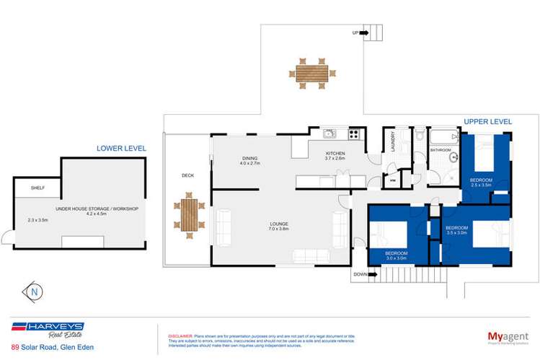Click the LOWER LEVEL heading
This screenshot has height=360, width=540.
click(x=121, y=148)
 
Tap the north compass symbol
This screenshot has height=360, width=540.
click(x=33, y=291)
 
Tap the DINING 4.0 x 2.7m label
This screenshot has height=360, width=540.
click(x=250, y=161)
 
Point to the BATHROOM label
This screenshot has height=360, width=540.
click(x=441, y=150)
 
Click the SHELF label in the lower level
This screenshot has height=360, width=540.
click(x=37, y=188)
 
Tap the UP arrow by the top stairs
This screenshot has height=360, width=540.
click(x=363, y=33)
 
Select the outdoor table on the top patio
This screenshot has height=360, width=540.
click(x=311, y=74)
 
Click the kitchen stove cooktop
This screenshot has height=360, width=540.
click(x=355, y=133)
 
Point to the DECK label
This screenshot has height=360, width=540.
click(x=187, y=175)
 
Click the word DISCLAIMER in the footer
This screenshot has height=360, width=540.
click(x=180, y=336)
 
